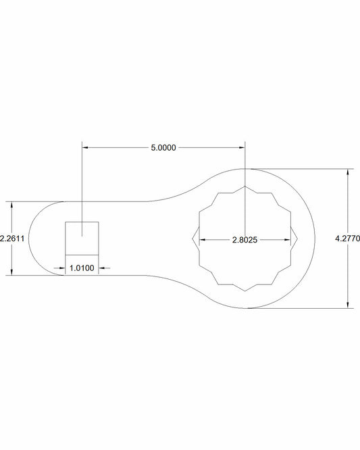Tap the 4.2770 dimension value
(349, 239)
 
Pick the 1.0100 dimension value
(82, 268)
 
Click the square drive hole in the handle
(82, 238)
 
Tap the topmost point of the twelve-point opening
(245, 185)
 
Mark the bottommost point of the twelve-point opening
(245, 291)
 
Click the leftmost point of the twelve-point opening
(192, 239)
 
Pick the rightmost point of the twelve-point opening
(297, 239)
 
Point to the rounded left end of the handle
(30, 238)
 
